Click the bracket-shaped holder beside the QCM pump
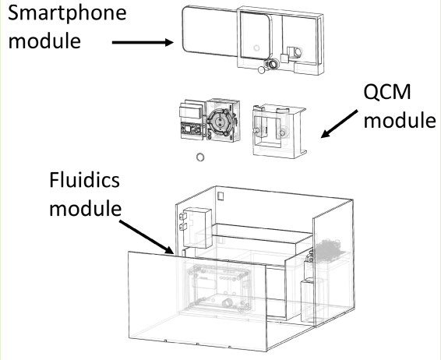click(278, 125)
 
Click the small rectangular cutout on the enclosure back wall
click(220, 191)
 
